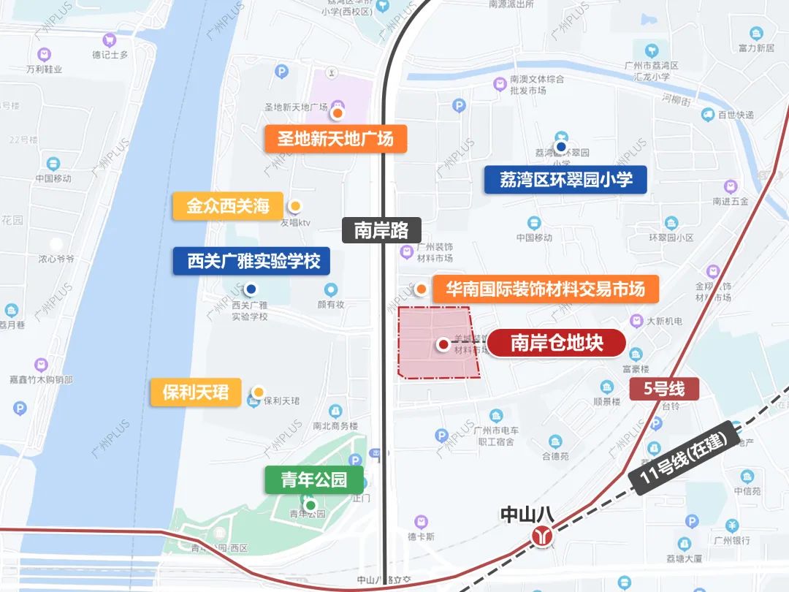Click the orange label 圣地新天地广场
point(335,138)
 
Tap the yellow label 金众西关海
point(228,206)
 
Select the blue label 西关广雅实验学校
point(251,261)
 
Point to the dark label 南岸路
point(381,230)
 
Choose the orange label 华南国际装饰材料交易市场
point(545,289)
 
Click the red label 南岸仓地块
point(557,343)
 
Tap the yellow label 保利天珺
point(195,392)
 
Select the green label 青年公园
point(313,480)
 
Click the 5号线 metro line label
point(665,389)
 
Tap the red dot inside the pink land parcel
point(443,344)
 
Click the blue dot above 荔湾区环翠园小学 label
point(561,147)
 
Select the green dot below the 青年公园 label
point(310,505)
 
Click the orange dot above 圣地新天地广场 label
point(338,113)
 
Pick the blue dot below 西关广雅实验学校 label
point(251,289)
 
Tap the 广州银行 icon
point(732,526)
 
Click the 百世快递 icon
point(707,115)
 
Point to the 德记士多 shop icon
point(110,40)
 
